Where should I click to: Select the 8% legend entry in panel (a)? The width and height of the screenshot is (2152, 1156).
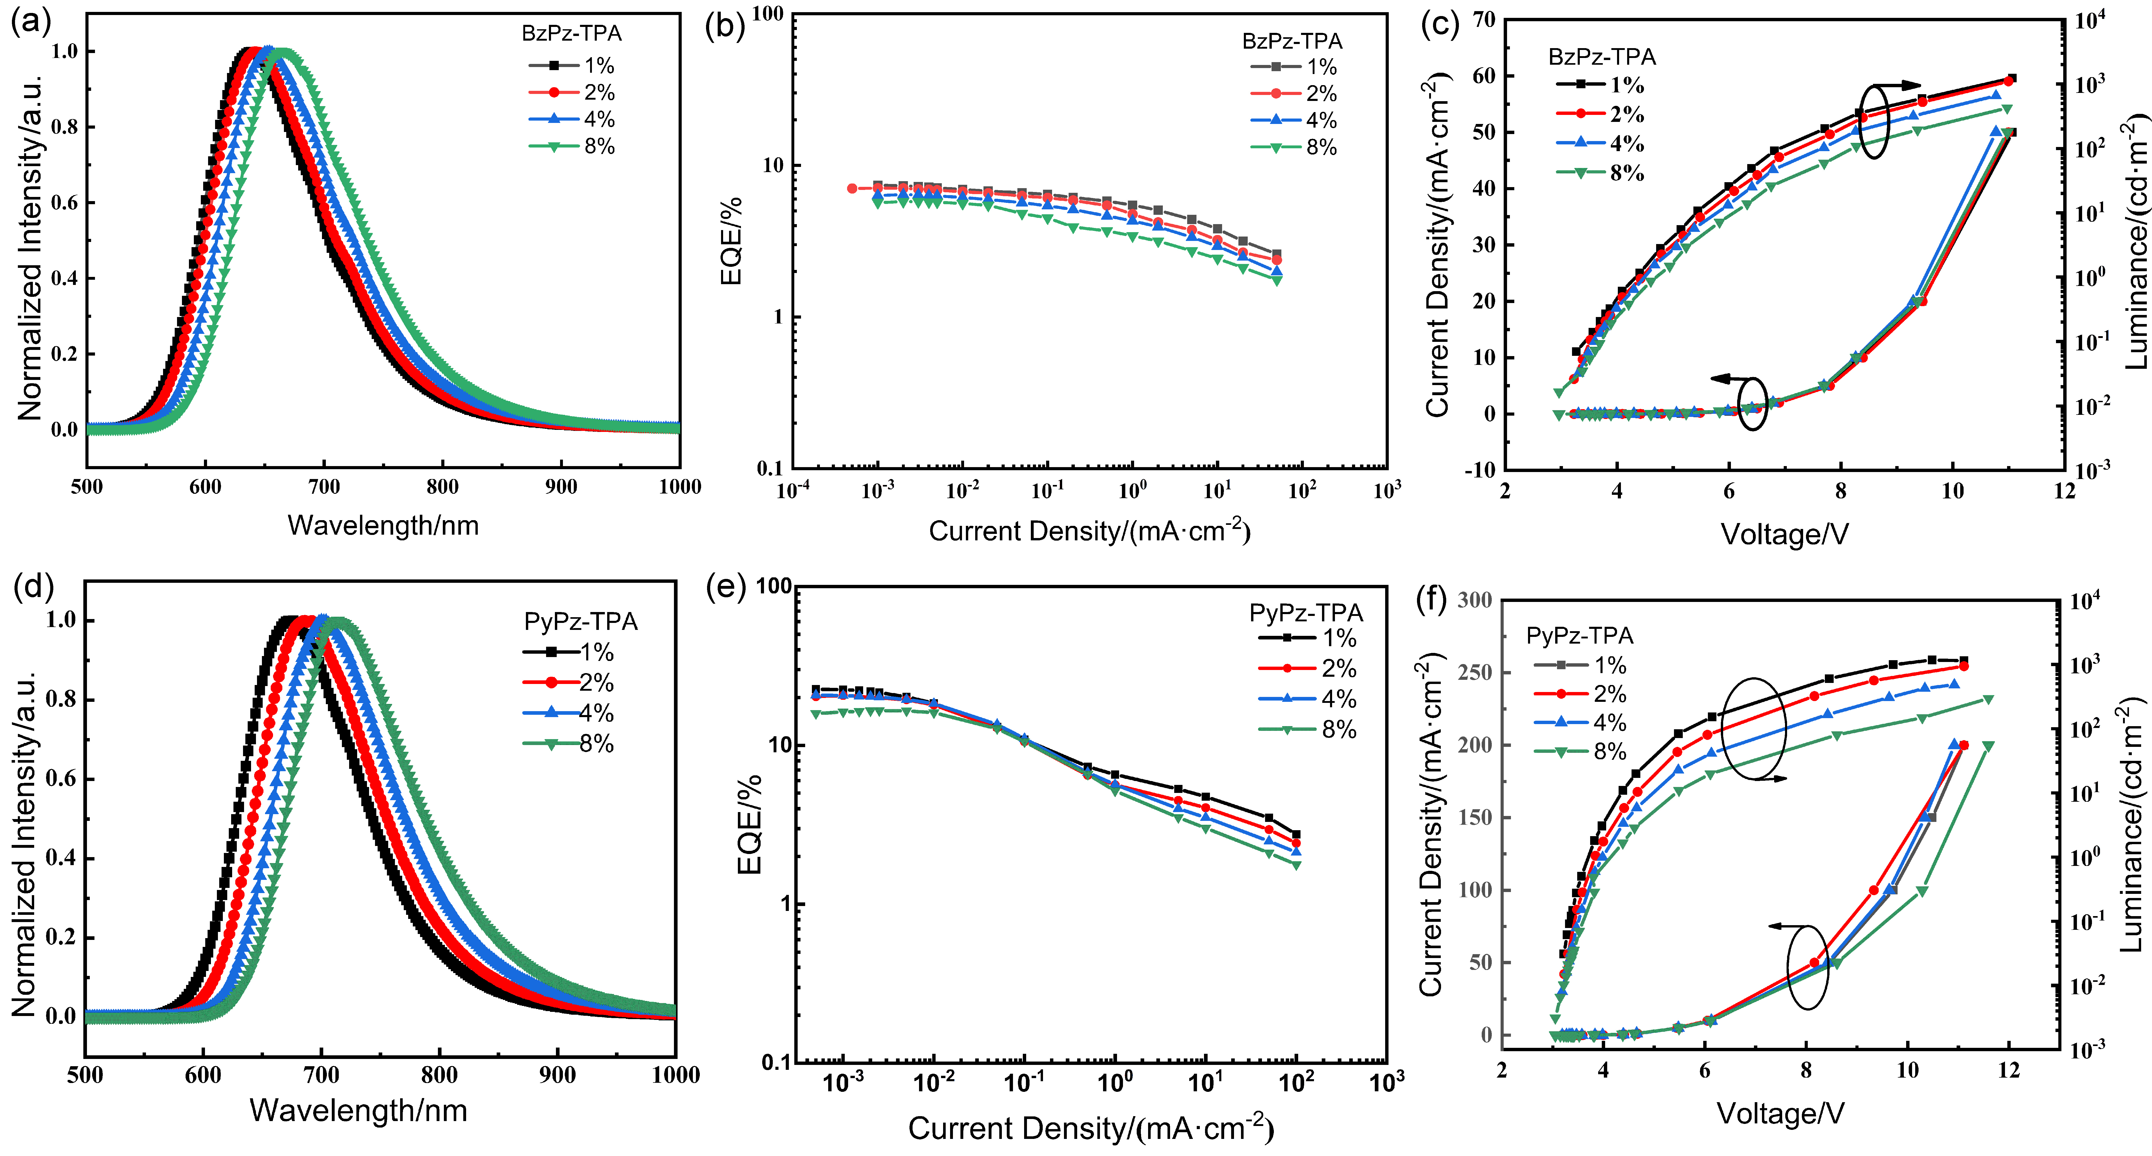[x=572, y=146]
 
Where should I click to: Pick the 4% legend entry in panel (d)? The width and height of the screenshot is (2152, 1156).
[x=568, y=712]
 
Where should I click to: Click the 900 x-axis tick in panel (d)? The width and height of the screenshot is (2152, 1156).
[x=557, y=1075]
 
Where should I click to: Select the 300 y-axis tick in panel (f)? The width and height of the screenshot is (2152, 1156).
[x=1474, y=600]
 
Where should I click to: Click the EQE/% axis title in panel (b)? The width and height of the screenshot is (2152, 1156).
[x=731, y=241]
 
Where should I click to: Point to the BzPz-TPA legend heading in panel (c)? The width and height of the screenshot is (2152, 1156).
[x=1602, y=57]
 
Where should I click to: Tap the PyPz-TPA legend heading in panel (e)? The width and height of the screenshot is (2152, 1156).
[x=1306, y=613]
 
